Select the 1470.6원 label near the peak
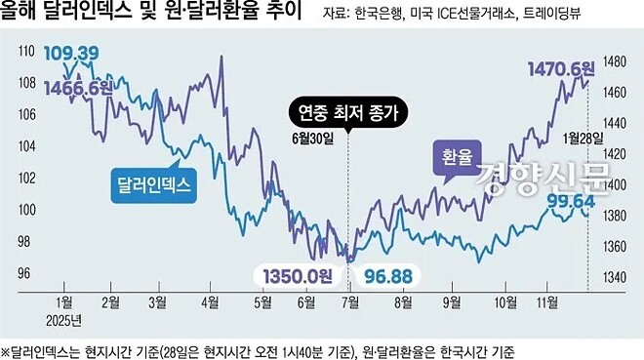click(x=559, y=69)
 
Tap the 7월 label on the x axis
click(x=348, y=302)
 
